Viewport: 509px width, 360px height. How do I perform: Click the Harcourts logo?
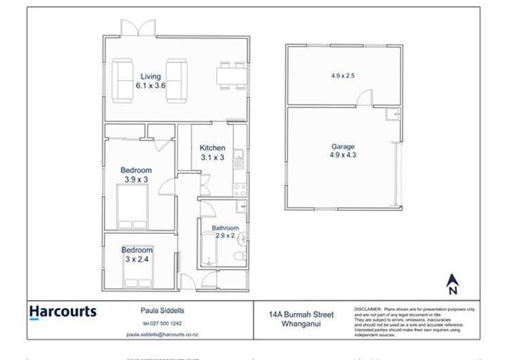point(63,312)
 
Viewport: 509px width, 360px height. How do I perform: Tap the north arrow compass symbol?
point(453,281)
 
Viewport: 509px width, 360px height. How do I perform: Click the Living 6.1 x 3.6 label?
point(151,81)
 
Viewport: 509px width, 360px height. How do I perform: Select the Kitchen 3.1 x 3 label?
point(212,152)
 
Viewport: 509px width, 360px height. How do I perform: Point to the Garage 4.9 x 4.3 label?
point(343,150)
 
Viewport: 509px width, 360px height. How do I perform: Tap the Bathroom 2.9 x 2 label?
point(225,232)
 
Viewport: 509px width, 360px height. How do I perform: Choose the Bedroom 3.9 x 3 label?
point(136,175)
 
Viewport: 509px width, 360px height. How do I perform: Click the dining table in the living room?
point(231,75)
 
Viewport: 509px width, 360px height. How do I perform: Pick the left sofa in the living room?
point(123,79)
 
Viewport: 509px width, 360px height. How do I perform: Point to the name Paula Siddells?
point(158,310)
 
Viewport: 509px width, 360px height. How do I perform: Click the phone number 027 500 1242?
point(158,323)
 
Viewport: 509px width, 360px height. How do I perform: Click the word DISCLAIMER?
point(368,309)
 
